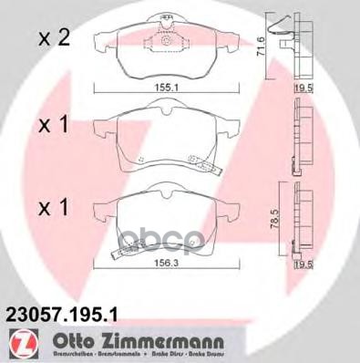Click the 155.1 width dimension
tap(165, 89)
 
